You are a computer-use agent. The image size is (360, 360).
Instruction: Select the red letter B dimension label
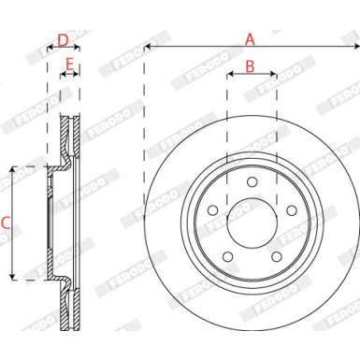pos(250,65)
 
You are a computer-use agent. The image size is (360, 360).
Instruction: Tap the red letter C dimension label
pos(6,223)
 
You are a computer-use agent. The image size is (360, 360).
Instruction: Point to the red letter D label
pos(63,39)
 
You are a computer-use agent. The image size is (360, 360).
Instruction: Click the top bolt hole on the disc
pos(251,185)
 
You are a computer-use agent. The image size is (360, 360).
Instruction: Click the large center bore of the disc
pos(251,225)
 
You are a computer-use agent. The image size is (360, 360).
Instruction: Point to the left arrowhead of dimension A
pos(148,47)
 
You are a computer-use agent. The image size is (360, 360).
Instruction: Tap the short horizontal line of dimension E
pos(69,76)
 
